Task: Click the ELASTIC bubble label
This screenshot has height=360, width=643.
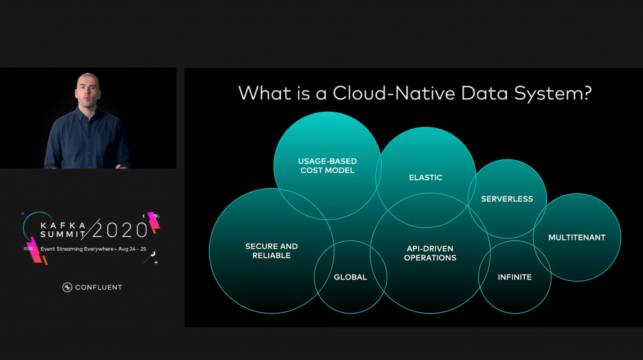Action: tap(426, 178)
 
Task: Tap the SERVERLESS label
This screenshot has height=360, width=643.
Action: tap(507, 199)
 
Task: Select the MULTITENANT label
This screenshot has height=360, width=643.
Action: tap(576, 237)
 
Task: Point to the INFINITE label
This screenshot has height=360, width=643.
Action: tap(515, 278)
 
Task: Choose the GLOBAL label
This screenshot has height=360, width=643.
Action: tap(350, 278)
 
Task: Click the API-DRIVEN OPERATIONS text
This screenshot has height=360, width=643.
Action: tap(430, 253)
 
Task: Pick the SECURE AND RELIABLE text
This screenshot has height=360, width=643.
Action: tap(271, 251)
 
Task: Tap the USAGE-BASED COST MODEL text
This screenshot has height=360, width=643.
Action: tap(327, 166)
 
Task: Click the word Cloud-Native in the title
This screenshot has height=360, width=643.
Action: tap(394, 93)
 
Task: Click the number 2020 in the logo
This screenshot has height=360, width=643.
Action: tap(120, 231)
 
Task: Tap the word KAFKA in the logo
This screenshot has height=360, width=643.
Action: tap(63, 226)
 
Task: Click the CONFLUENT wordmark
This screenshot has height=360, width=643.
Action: tap(99, 287)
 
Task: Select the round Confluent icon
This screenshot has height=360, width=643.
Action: tap(67, 287)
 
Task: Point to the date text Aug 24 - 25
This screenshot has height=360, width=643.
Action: tap(132, 249)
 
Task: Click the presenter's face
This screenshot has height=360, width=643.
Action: tap(88, 91)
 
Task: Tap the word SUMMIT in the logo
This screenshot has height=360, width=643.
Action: tap(63, 234)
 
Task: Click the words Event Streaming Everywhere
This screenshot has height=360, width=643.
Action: tap(77, 249)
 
